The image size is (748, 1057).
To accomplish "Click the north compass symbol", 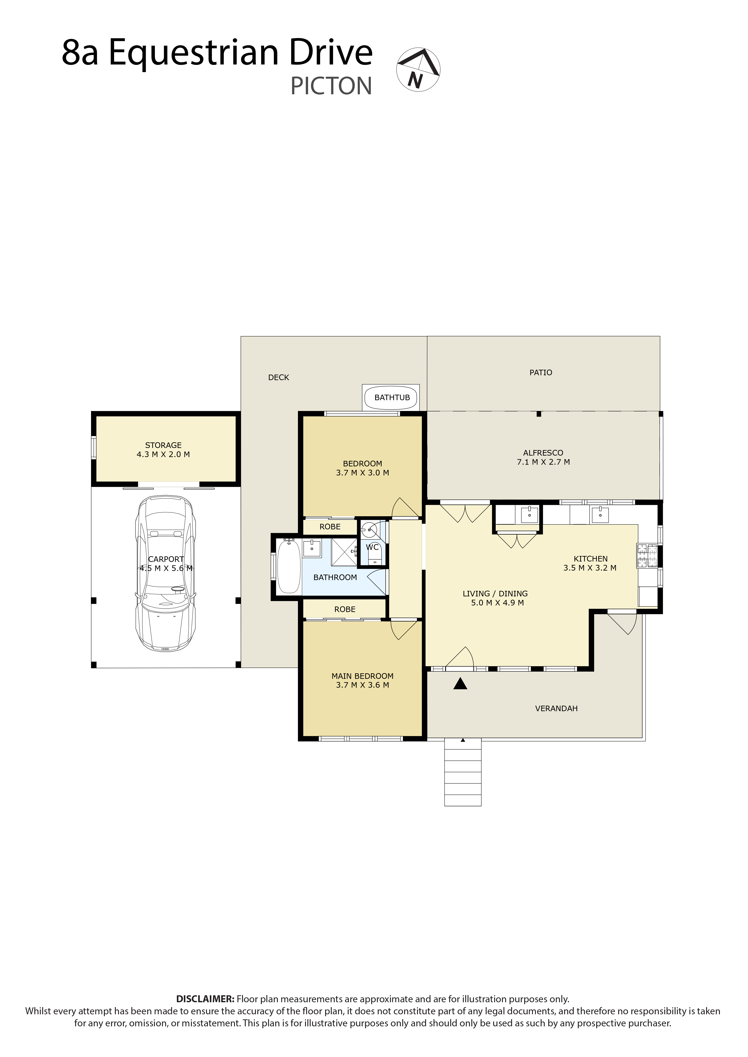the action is (x=418, y=69).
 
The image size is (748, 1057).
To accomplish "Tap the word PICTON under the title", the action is (x=331, y=86).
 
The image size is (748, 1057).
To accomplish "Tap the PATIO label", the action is (x=541, y=372).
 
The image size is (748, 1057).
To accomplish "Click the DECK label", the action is (x=279, y=377).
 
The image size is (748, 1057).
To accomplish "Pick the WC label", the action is (x=372, y=547).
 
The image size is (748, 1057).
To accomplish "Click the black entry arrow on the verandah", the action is (x=460, y=684).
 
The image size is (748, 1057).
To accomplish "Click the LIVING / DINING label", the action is (x=496, y=598).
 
